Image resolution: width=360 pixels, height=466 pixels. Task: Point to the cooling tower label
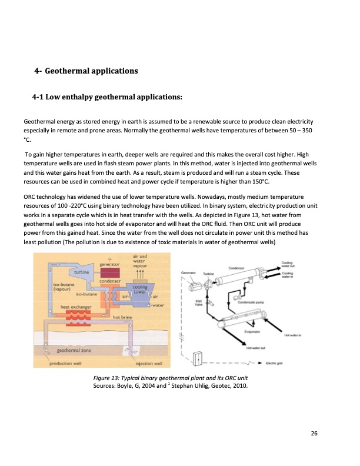(x=139, y=289)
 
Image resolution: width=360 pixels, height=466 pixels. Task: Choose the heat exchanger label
(x=74, y=307)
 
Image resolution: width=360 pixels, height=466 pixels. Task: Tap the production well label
(x=65, y=363)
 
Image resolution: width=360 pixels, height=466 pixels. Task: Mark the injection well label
(x=150, y=363)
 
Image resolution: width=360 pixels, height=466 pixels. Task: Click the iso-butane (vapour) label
(x=63, y=286)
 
